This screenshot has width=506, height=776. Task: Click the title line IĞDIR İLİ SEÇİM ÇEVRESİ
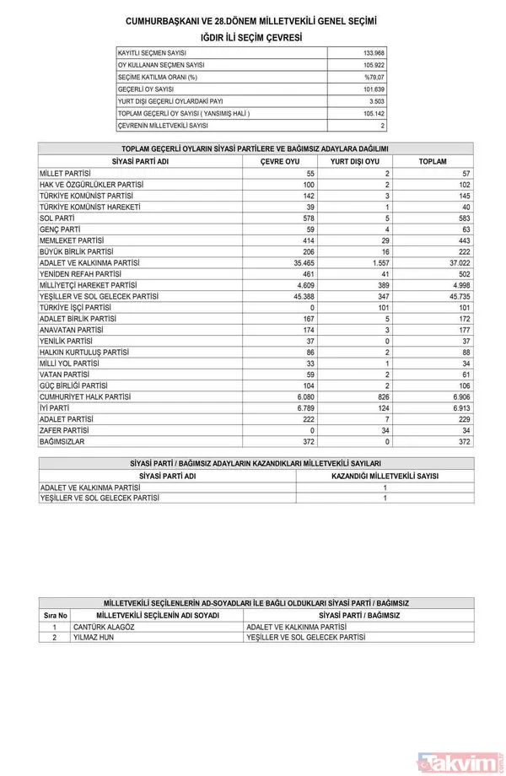pos(252,38)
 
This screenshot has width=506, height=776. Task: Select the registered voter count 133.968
pos(371,53)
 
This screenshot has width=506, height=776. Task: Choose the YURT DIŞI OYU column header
pos(354,160)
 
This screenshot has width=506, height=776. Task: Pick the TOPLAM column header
pos(432,160)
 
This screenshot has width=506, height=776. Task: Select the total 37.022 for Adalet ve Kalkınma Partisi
pos(455,262)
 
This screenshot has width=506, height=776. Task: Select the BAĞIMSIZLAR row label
pos(64,441)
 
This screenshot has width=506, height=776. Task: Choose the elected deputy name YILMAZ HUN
pos(94,639)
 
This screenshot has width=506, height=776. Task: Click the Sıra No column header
pos(55,617)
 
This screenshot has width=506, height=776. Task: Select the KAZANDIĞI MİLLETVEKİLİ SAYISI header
pos(385,476)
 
